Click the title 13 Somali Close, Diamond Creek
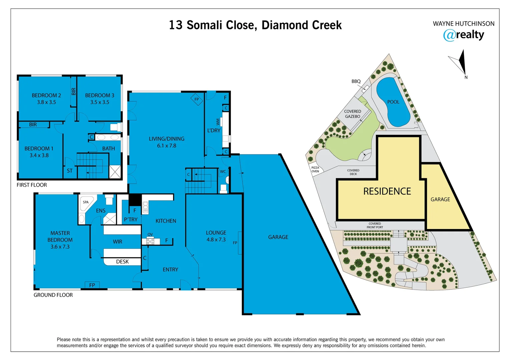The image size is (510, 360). [x=255, y=25]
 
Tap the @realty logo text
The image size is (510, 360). [x=463, y=35]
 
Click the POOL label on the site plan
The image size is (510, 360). [x=393, y=102]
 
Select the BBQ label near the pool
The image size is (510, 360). [x=356, y=81]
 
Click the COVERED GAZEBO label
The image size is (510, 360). [x=353, y=114]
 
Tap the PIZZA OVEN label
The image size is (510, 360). [x=315, y=170]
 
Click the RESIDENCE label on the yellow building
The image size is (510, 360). [x=387, y=191]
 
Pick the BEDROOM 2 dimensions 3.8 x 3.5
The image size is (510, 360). [x=46, y=102]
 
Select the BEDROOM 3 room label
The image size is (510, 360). [x=99, y=95]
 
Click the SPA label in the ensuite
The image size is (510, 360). [x=86, y=202]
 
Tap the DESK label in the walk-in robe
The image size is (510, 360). [x=122, y=262]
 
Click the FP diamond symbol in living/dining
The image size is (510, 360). [x=197, y=99]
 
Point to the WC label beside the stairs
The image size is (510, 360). [x=223, y=172]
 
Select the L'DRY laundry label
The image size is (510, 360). [x=213, y=130]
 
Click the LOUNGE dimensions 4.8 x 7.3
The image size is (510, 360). [x=216, y=240]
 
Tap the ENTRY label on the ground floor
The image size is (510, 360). [x=170, y=269]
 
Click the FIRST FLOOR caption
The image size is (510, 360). [x=32, y=185]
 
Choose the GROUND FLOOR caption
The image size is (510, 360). [x=53, y=295]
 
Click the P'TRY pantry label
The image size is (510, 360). [x=130, y=219]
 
